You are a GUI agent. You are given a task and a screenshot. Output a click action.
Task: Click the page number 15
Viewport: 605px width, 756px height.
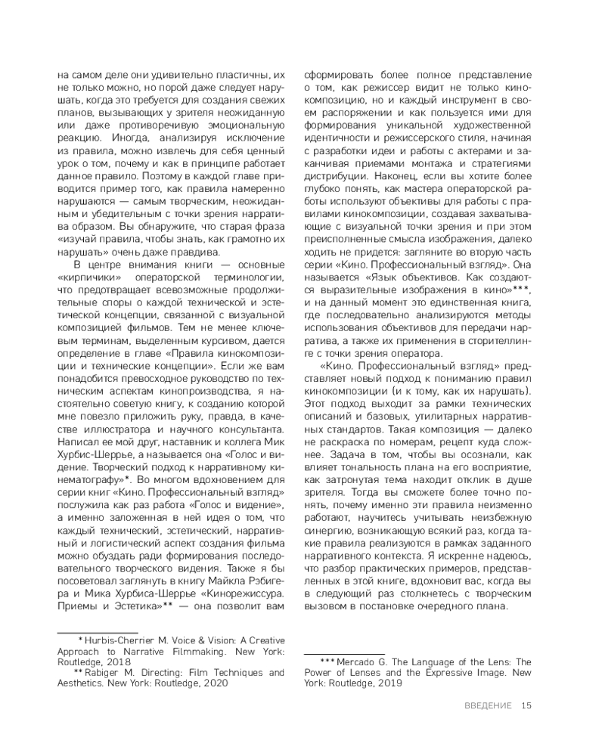coord(527,706)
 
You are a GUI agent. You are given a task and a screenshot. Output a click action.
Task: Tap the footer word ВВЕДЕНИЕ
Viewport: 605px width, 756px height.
coord(488,706)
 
